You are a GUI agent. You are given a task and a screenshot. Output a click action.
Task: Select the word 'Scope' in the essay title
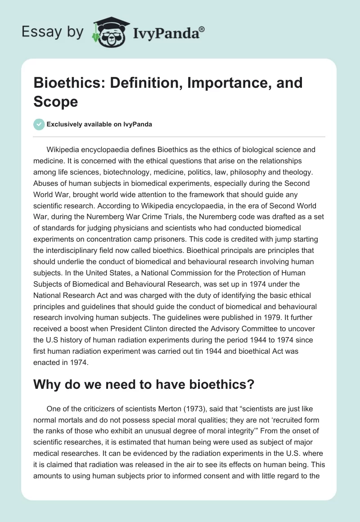click(55, 101)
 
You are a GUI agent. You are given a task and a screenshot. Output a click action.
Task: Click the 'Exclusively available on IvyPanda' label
click(99, 124)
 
